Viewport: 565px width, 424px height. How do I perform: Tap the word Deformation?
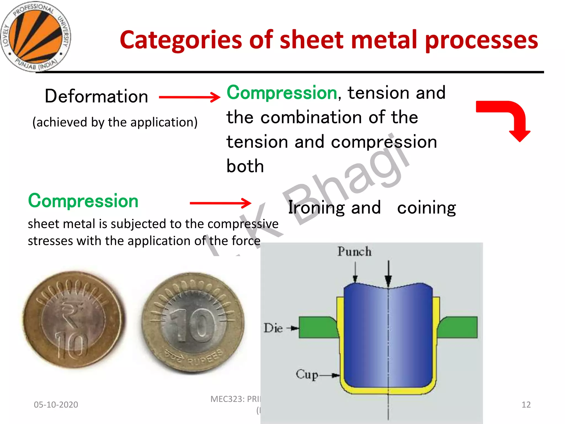click(96, 96)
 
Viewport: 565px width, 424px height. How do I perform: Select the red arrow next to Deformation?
click(190, 97)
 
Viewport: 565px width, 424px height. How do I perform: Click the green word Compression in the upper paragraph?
click(282, 93)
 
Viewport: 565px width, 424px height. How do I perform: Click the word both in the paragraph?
click(245, 166)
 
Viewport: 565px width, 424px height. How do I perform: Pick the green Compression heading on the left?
click(83, 201)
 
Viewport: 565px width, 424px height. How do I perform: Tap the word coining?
click(426, 208)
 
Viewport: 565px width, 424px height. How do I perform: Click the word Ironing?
click(316, 208)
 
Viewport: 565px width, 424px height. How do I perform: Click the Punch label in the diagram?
click(354, 251)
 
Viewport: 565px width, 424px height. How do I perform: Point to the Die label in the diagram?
click(273, 328)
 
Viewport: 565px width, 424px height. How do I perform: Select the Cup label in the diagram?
click(307, 375)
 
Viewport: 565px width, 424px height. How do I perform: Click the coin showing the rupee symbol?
click(73, 319)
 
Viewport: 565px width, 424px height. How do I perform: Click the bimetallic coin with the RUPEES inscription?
click(193, 323)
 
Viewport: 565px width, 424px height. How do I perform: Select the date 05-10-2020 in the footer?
click(56, 405)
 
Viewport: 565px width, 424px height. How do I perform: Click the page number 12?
click(526, 405)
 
